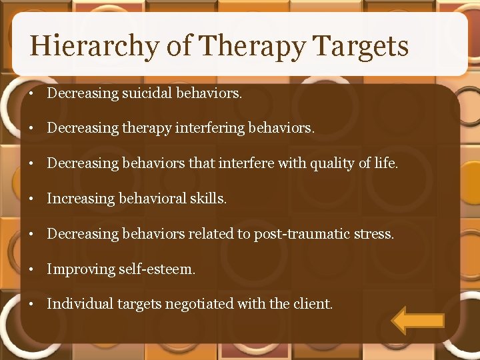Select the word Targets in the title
click(x=360, y=47)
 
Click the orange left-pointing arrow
click(x=417, y=321)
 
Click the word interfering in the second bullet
click(x=210, y=128)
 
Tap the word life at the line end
click(x=385, y=163)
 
